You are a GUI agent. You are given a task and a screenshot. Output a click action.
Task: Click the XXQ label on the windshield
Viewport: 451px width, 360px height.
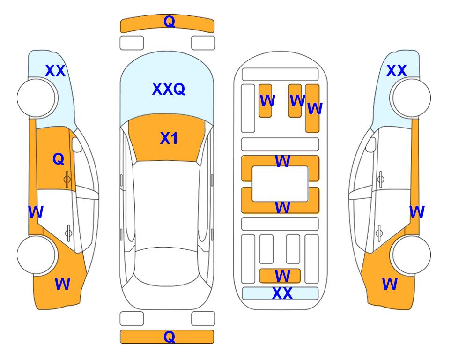(x=169, y=89)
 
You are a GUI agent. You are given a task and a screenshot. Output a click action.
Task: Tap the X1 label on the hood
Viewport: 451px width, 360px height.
(x=169, y=138)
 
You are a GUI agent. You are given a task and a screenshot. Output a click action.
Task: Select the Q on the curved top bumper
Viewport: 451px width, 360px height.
(x=170, y=21)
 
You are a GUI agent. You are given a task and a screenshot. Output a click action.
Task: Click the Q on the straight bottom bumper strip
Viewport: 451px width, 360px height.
(x=170, y=337)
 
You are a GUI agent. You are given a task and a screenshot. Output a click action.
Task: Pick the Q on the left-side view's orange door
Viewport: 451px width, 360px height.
(x=59, y=159)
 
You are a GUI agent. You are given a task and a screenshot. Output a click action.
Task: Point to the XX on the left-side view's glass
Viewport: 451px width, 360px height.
(x=55, y=71)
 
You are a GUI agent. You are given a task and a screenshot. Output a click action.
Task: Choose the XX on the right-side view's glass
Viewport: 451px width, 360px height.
(x=396, y=71)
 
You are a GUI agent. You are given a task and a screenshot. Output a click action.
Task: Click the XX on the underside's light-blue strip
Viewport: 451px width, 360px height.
(x=282, y=293)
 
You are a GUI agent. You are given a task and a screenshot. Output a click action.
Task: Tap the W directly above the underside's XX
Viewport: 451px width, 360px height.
(x=282, y=276)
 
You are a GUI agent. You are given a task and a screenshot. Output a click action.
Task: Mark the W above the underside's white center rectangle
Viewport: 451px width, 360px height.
(x=282, y=161)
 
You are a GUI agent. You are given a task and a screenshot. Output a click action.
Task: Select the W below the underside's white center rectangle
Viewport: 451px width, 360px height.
(x=282, y=207)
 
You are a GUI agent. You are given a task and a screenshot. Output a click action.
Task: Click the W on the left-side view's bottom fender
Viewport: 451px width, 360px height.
(x=62, y=284)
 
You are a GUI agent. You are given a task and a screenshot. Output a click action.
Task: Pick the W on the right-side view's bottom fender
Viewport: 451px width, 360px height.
(x=390, y=284)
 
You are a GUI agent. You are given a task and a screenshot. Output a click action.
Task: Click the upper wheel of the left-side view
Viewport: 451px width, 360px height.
(x=36, y=98)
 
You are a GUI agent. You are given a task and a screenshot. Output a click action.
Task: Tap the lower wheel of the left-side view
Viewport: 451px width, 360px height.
(x=36, y=255)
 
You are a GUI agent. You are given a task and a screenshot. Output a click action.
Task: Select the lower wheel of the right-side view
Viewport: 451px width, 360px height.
(x=411, y=255)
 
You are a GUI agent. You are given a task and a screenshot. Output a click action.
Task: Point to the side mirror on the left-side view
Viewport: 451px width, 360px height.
(x=77, y=144)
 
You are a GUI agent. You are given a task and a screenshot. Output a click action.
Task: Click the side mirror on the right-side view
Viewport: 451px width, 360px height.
(x=371, y=144)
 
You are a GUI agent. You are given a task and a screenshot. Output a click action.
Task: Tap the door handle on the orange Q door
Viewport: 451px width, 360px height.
(x=67, y=179)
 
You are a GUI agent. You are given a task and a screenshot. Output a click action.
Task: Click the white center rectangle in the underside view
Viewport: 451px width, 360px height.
(x=280, y=184)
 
